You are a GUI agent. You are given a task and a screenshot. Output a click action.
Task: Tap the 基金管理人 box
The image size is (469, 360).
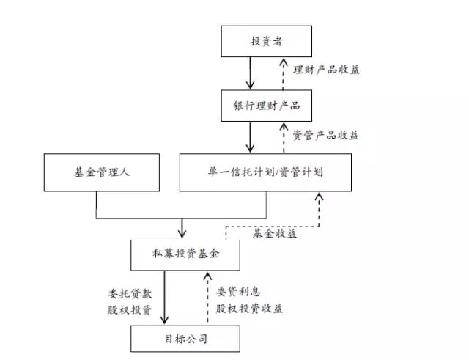96,174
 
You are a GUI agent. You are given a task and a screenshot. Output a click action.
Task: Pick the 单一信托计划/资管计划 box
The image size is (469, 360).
267,174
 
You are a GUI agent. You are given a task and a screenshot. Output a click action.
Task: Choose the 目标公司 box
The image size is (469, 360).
176,339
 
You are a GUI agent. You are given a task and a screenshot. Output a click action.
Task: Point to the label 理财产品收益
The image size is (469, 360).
326,70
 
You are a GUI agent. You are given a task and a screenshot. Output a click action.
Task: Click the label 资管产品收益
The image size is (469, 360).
326,135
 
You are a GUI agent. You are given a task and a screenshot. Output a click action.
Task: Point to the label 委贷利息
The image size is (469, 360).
239,291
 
